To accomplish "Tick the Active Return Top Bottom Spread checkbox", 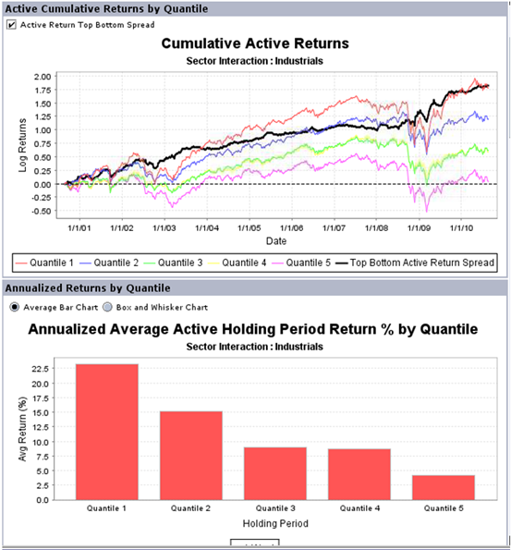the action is coord(11,25).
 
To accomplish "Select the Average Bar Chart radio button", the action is coord(15,307).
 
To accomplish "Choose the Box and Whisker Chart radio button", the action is coord(107,307).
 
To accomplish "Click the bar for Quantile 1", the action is coord(107,433).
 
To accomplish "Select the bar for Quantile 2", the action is coord(191,456).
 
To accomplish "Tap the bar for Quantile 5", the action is coord(444,487).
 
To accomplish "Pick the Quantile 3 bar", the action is coord(275,473).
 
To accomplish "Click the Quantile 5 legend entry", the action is coord(301,263).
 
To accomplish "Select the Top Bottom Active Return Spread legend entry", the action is coord(415,263).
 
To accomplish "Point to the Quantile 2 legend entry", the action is coord(109,263).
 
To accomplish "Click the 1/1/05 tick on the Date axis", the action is coord(249,228).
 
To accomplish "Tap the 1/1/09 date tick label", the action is coord(419,228).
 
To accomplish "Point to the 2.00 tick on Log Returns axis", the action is coord(43,77).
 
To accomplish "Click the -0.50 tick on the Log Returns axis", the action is coord(41,211).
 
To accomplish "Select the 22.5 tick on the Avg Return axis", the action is coord(41,369).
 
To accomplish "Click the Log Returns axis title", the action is coord(22,145).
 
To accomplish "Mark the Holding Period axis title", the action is coord(275,523).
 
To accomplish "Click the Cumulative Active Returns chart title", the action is coord(255,43).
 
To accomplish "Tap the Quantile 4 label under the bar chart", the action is coord(359,508).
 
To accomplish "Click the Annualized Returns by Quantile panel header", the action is coord(88,288).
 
